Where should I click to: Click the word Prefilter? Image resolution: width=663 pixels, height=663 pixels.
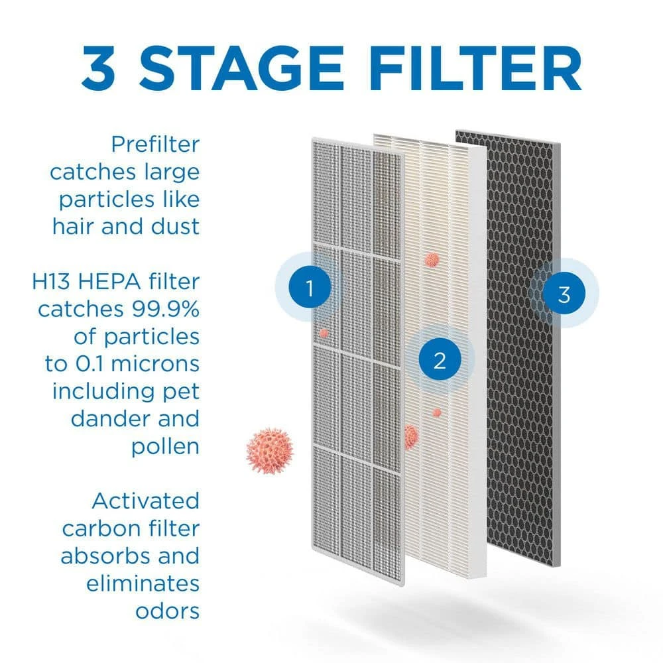pos(155,144)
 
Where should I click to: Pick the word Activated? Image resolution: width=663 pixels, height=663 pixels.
pos(145,500)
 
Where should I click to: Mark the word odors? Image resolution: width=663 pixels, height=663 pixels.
pos(167,610)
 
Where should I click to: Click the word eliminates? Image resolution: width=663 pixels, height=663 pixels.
pos(143,583)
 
